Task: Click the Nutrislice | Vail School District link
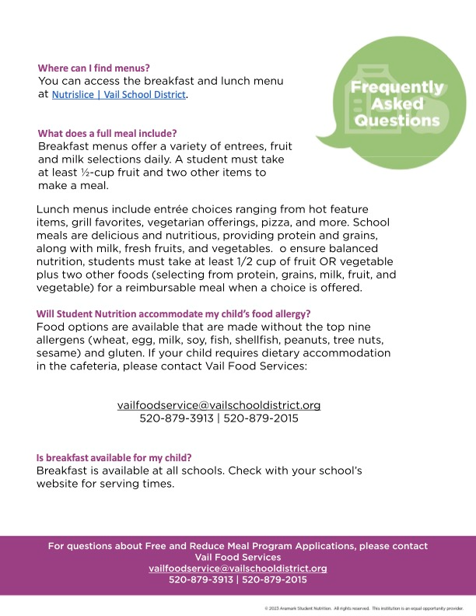coord(119,95)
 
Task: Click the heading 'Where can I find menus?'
coord(94,68)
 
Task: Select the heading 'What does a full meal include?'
coord(107,132)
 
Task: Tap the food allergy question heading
coord(173,313)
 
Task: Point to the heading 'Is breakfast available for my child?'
coord(114,458)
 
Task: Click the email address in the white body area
coord(219,405)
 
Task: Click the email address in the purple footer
coord(238,569)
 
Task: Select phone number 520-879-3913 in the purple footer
coord(200,580)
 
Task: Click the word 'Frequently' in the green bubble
coord(397,87)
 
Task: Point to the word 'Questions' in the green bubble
coord(397,121)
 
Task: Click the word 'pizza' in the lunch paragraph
coord(296,222)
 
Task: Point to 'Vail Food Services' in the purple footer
coord(238,557)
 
